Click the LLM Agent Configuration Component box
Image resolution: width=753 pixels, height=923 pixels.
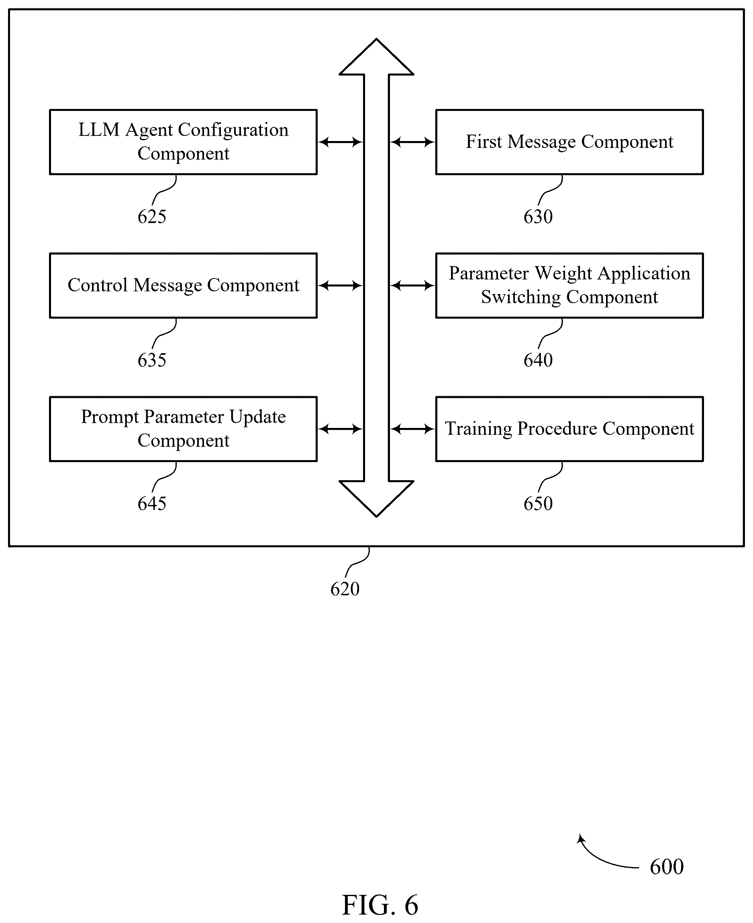[184, 142]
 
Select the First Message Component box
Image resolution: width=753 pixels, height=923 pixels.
[569, 142]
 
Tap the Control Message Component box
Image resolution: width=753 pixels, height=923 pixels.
[184, 286]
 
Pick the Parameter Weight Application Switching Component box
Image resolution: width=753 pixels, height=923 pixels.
[569, 286]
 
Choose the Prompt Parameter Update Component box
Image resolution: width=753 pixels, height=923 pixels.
[184, 429]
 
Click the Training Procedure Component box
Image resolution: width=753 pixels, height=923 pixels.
[569, 429]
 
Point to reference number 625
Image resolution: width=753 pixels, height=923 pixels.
[152, 217]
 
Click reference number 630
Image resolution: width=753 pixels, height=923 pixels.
[538, 217]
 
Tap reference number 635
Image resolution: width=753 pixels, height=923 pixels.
[152, 360]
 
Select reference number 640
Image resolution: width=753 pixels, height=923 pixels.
[538, 360]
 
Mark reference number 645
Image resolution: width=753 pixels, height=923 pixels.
[152, 503]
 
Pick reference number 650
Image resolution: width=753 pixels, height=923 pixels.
[538, 503]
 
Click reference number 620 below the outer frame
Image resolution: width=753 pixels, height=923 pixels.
[345, 589]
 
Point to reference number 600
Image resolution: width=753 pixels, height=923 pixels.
[667, 867]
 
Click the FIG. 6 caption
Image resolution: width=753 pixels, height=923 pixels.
[380, 905]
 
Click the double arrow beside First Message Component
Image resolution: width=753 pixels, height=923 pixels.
[412, 142]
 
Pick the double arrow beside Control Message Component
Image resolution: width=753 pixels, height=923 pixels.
[341, 286]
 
